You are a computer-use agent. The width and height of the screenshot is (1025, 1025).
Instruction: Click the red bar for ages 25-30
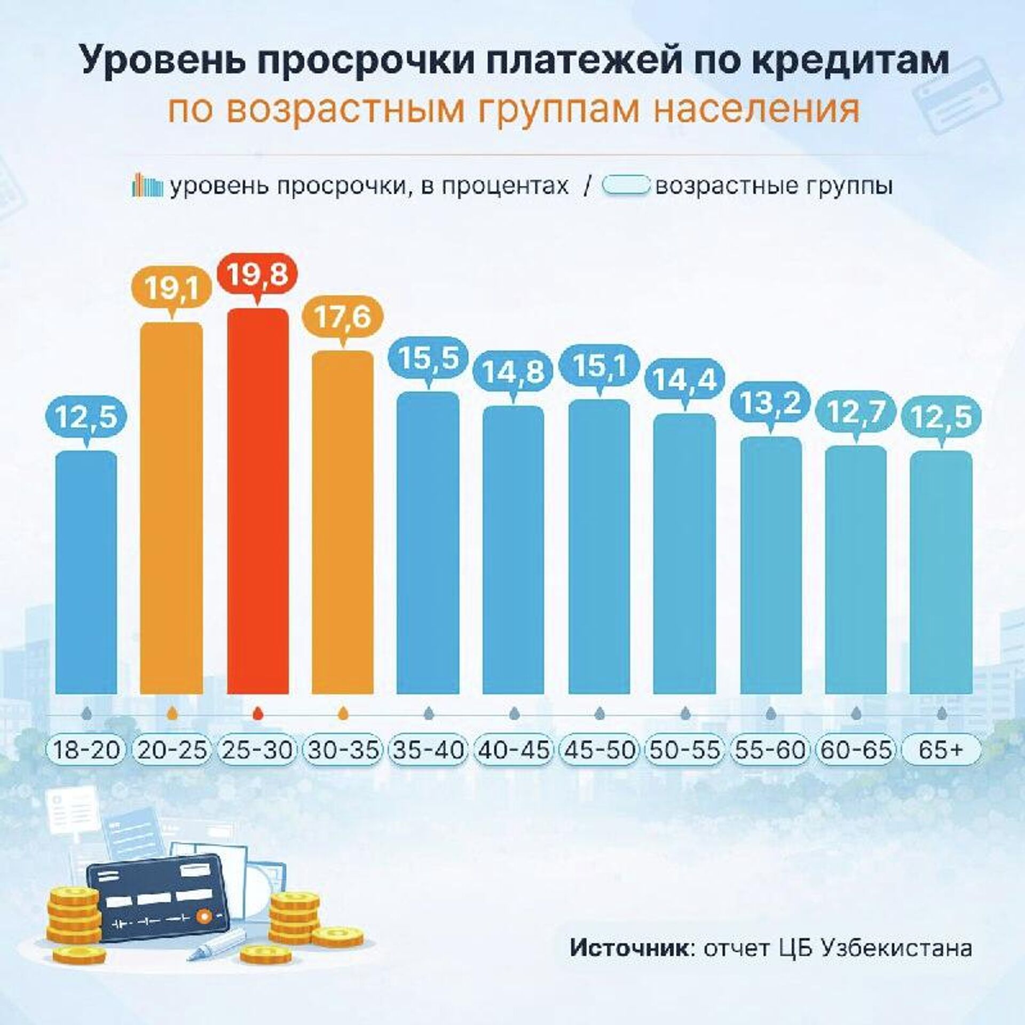(258, 502)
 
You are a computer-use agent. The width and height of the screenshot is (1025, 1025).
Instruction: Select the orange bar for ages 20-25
(171, 507)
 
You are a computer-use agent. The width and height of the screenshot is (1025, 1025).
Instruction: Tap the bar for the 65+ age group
(942, 571)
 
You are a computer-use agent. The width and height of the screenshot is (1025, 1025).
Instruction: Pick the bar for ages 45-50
(599, 545)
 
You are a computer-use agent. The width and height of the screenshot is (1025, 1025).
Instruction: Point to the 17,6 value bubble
(343, 318)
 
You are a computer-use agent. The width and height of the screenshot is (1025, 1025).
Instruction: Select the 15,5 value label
(428, 358)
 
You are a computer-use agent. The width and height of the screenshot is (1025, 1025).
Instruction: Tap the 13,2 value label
(770, 403)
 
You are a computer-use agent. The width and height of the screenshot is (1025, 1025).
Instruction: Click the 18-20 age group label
(86, 750)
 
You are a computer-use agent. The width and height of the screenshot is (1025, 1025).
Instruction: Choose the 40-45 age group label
(514, 750)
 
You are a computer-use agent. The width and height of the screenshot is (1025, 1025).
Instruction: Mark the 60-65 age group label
(856, 750)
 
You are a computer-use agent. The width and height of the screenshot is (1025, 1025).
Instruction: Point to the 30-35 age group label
(343, 750)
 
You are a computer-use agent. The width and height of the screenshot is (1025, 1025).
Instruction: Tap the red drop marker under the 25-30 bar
(258, 713)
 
